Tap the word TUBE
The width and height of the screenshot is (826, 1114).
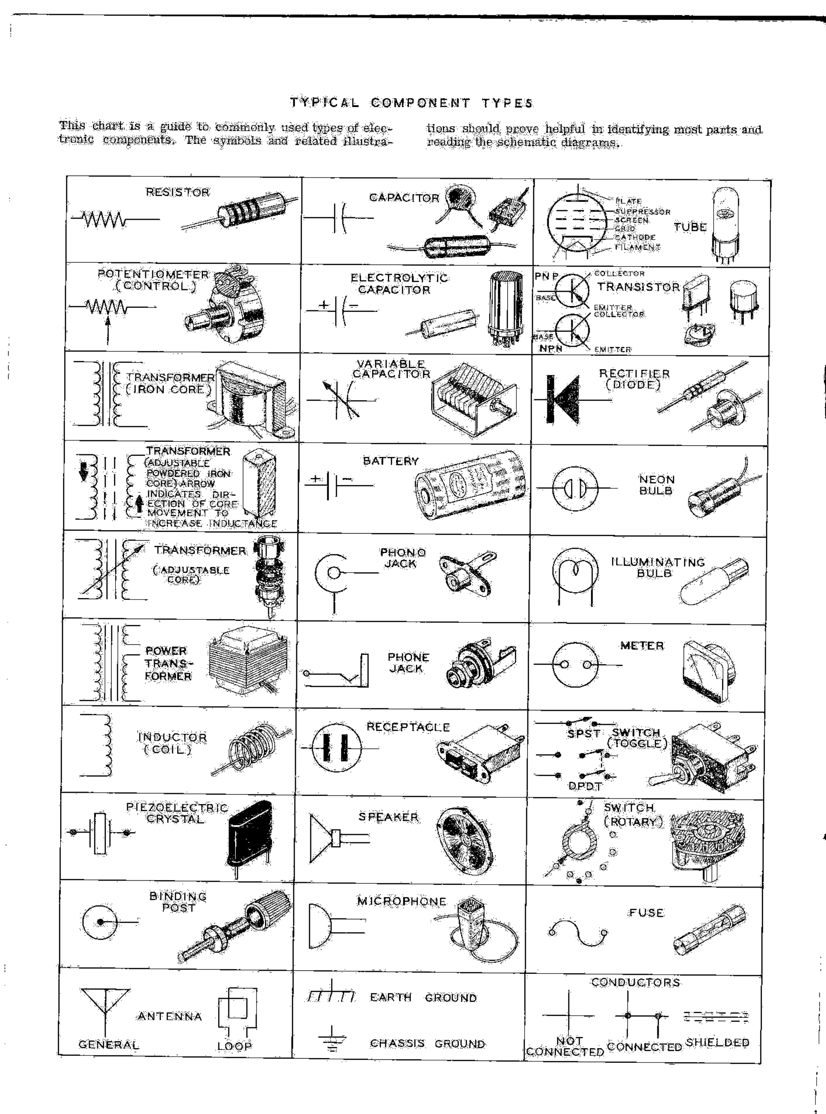click(690, 227)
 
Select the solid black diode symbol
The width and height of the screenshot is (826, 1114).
click(564, 400)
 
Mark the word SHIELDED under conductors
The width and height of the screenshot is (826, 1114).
click(718, 1043)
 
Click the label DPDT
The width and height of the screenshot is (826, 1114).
click(585, 786)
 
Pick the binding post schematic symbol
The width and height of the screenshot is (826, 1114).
click(100, 921)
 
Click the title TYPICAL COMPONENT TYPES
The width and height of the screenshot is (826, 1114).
click(411, 103)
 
